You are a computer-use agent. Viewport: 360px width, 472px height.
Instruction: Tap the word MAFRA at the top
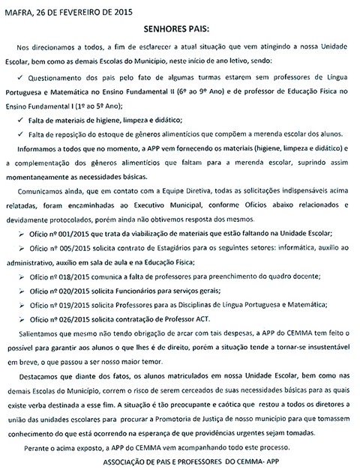(x=18, y=8)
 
